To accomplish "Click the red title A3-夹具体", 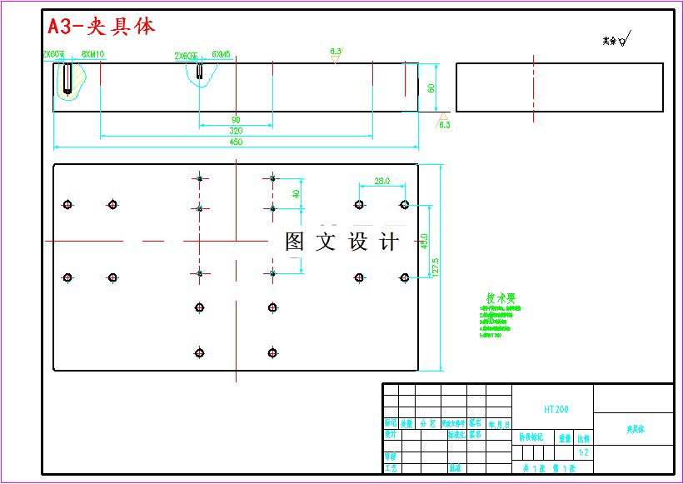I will coord(101,26).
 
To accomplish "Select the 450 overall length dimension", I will coord(236,142).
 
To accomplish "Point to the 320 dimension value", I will coord(236,131).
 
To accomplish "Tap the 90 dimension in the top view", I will coord(236,120).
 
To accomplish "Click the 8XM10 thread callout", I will coord(92,54).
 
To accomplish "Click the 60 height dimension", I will coord(431,87).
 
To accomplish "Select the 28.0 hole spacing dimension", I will coord(382,181).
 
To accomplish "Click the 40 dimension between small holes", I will coord(296,194).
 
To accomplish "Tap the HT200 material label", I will coord(556,410).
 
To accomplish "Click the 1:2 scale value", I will coord(584,453).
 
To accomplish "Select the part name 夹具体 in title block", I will coord(636,430).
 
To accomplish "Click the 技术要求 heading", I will coord(501,297).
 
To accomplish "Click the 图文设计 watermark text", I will coord(341,242).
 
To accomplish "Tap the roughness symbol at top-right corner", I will coord(617,38).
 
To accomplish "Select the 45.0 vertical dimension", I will coord(424,241).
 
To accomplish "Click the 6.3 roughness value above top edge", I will coord(336,52).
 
